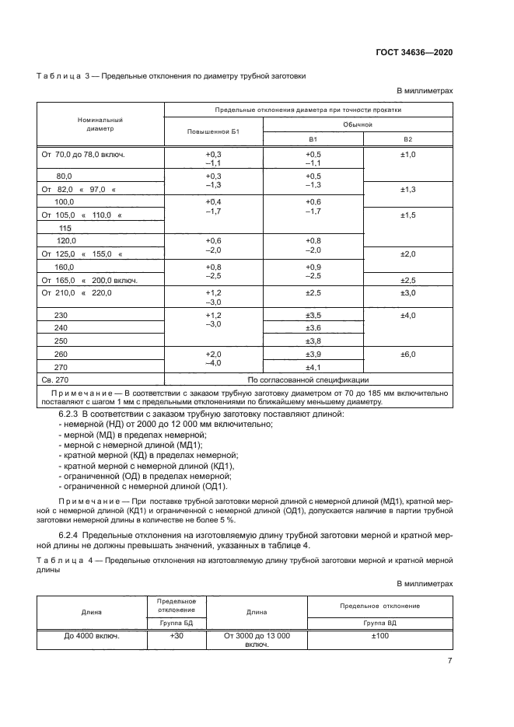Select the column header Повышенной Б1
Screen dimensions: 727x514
pos(213,132)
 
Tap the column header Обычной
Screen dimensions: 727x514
pos(358,124)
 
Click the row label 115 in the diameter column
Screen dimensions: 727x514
pos(65,228)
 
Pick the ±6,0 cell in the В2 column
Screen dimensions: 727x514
pos(407,354)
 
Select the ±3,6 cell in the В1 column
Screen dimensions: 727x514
pos(313,328)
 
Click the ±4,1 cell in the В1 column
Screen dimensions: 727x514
pos(313,366)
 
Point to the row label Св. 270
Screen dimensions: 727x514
pos(55,379)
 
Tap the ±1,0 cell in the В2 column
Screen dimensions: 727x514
pos(407,155)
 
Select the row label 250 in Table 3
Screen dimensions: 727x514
pos(62,341)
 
